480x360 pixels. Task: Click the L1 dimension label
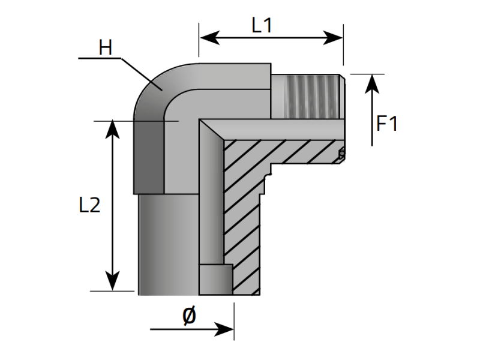coord(262,25)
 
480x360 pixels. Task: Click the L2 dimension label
coord(89,205)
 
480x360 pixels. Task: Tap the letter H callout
coord(106,48)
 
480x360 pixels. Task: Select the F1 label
coord(387,124)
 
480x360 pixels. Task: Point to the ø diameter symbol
coord(188,315)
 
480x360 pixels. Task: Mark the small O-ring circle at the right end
coord(342,155)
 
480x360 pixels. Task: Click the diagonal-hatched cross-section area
coord(246,204)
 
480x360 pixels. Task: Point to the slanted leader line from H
coord(142,74)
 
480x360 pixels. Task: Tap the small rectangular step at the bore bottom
coord(215,280)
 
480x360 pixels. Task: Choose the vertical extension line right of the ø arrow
coord(233,318)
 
